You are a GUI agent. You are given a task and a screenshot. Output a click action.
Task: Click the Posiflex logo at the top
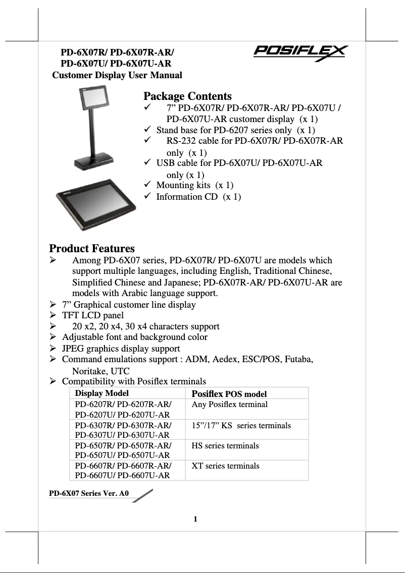click(300, 52)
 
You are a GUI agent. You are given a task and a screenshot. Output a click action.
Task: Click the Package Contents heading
click(187, 96)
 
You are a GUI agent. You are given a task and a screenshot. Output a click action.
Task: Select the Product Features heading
click(92, 248)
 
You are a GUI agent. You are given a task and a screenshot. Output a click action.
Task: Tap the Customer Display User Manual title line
click(118, 75)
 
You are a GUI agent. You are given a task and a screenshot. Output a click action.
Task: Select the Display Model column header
click(102, 393)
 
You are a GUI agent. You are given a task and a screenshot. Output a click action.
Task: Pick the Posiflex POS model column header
click(229, 394)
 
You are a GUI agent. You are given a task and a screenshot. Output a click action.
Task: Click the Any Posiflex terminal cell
click(230, 405)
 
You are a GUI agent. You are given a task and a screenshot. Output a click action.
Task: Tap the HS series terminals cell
click(225, 446)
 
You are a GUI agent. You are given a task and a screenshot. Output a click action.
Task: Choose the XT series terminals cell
click(226, 466)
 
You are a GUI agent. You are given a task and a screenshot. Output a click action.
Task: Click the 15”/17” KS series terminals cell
click(241, 426)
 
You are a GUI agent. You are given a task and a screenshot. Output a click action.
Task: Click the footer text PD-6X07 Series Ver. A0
click(89, 494)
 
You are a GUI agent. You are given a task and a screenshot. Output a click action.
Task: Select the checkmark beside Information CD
click(148, 196)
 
